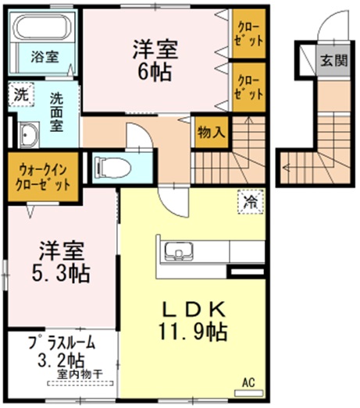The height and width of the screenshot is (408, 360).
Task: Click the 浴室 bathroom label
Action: pyautogui.click(x=44, y=57)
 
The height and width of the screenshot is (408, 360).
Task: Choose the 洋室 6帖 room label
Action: pyautogui.click(x=154, y=59)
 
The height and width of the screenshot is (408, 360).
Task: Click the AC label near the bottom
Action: pyautogui.click(x=249, y=382)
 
